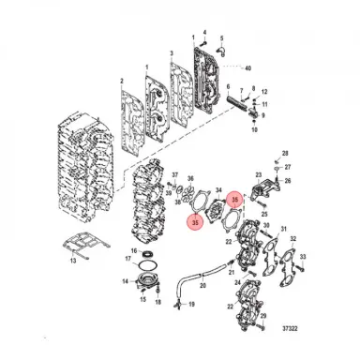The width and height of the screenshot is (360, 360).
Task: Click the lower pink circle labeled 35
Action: coord(194,222)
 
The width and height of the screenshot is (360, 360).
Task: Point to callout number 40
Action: coord(247,68)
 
